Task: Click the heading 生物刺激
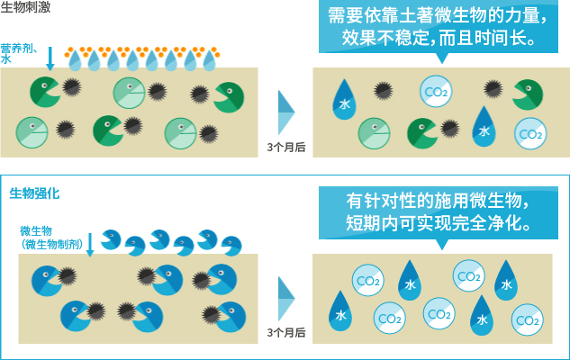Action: click(x=25, y=7)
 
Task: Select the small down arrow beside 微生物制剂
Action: click(x=89, y=243)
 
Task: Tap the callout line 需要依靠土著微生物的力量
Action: click(x=437, y=16)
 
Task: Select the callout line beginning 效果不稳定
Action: click(x=437, y=40)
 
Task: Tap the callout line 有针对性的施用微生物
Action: click(x=437, y=200)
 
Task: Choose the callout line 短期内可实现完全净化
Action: click(x=437, y=222)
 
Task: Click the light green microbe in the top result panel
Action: click(x=375, y=133)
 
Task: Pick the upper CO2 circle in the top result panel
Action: click(x=436, y=91)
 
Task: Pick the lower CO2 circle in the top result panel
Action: click(x=529, y=133)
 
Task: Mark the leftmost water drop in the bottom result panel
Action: click(x=341, y=311)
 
